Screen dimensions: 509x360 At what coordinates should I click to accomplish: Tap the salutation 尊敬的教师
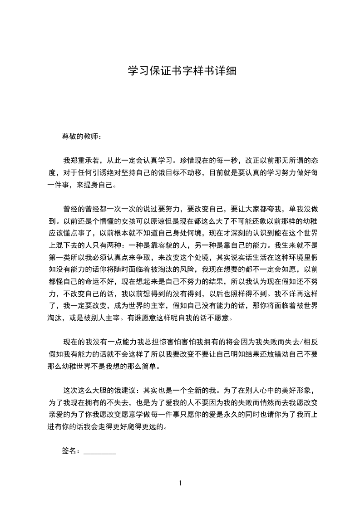(81, 136)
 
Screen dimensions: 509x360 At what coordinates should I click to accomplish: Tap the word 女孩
(131, 222)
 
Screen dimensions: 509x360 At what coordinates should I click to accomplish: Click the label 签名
(70, 451)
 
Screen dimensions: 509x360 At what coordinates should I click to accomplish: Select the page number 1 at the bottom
(180, 483)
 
